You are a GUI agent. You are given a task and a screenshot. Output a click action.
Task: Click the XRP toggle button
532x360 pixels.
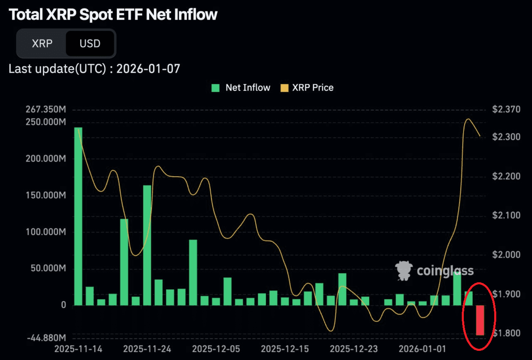point(42,43)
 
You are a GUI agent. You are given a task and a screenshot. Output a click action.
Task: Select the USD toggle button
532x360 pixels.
point(90,43)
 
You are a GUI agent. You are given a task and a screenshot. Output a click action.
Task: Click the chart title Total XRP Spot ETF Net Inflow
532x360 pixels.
point(113,15)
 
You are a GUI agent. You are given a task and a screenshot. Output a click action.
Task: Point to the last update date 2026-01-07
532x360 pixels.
point(148,69)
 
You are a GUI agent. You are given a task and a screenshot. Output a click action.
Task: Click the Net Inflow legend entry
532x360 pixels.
point(241,88)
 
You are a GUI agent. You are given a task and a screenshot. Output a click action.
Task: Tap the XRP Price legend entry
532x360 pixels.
point(307,88)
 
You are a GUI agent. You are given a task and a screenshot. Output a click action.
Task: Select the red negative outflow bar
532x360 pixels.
point(480,320)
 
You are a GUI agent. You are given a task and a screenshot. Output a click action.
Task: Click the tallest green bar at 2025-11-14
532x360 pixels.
point(78,216)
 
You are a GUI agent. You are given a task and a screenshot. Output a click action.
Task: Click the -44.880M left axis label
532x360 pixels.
point(46,337)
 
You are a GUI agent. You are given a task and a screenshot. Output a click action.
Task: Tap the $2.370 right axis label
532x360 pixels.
point(506,110)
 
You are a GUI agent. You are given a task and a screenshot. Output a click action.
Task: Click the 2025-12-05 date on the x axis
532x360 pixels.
point(215,348)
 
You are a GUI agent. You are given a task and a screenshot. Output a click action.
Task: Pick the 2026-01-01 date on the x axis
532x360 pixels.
point(419,348)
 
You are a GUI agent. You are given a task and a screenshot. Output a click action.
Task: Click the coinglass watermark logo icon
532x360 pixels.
point(403,271)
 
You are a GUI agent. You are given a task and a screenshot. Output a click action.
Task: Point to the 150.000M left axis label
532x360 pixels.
point(46,195)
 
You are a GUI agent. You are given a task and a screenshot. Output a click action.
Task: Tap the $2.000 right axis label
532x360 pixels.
point(506,255)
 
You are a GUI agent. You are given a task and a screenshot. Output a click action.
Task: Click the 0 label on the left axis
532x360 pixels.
point(64,305)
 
